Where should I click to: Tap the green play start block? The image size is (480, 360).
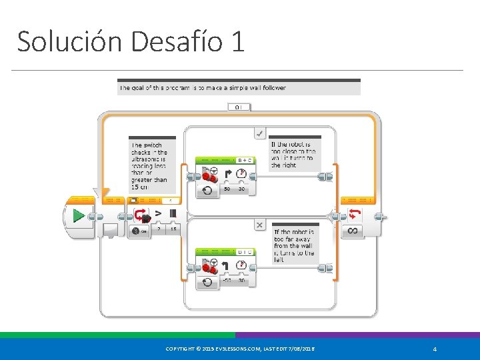(79, 216)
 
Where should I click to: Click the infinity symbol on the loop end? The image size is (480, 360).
(353, 231)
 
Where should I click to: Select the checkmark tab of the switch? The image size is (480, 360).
(259, 133)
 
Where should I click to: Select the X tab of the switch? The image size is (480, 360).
(259, 225)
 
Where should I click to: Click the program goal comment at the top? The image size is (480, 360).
(239, 87)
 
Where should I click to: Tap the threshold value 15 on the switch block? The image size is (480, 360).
(173, 230)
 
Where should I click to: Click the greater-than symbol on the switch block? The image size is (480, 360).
(158, 214)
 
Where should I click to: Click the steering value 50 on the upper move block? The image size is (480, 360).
(227, 189)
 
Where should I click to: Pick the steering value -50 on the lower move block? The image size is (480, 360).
(226, 281)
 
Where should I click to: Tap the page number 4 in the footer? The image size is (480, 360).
(434, 349)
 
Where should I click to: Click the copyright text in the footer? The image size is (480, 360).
(240, 349)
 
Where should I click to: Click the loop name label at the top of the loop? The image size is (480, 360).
(239, 107)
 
